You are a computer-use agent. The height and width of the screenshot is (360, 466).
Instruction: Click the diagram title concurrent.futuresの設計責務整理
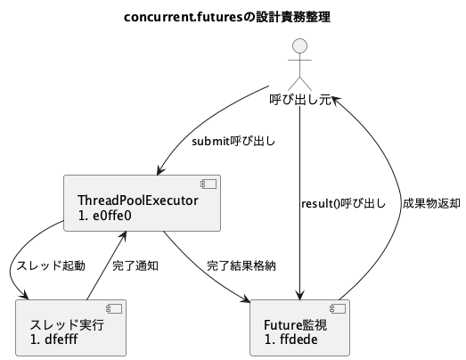pyautogui.click(x=233, y=17)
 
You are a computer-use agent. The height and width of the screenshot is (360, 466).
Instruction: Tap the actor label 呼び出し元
pyautogui.click(x=301, y=100)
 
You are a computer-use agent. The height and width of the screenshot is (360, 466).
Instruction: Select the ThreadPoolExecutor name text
pyautogui.click(x=138, y=200)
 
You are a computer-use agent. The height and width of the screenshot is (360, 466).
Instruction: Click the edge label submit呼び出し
pyautogui.click(x=233, y=141)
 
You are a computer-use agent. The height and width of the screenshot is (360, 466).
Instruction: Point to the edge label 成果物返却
pyautogui.click(x=431, y=203)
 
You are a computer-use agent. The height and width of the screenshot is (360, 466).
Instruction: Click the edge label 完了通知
pyautogui.click(x=135, y=265)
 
